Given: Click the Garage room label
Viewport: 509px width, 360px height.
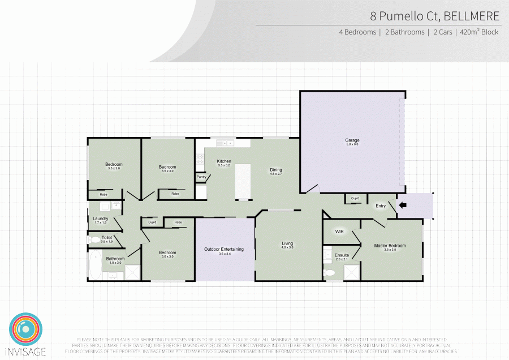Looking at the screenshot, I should pos(352,140).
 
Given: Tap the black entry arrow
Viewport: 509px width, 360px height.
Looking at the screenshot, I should pos(402,205).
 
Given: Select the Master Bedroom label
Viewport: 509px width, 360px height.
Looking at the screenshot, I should pos(390,246).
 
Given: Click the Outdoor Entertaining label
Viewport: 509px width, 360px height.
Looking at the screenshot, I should pos(224,249).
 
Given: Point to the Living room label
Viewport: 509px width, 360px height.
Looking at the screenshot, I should pos(288,244).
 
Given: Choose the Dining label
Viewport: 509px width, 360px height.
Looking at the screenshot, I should pos(275,170).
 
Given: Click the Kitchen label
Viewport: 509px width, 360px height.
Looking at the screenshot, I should pos(224,161).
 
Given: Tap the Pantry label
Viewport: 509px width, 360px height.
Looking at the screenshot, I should pos(201,177).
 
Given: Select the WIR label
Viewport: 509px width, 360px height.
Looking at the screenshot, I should pos(339,232).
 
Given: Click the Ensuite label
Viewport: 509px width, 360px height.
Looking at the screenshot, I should pos(342,255).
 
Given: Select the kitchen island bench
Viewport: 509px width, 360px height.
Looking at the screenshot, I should pos(243,182).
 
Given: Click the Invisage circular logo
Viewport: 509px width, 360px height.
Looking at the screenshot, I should pos(25,328).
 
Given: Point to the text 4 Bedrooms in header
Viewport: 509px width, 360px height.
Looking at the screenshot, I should pos(357,32).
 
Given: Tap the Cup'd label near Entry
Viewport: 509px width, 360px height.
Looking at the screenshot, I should pos(355,199).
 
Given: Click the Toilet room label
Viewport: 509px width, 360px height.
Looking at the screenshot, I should pos(106,238).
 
